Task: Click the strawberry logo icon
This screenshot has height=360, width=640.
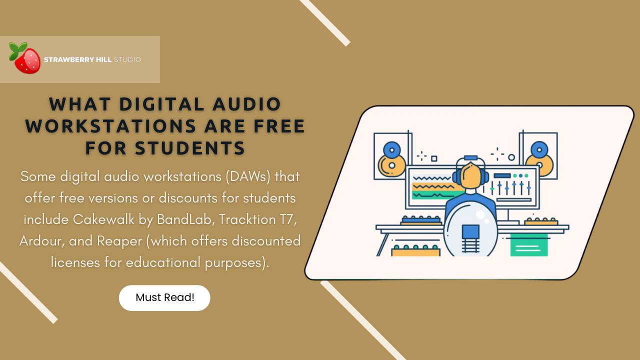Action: click(x=25, y=58)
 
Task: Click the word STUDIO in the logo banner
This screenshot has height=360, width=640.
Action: click(x=127, y=59)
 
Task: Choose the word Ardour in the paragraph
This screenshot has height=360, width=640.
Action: click(x=41, y=241)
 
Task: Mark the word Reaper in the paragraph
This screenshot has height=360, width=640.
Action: click(x=119, y=241)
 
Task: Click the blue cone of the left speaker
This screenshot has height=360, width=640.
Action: click(x=392, y=149)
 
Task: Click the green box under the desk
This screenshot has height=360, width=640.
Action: click(x=528, y=245)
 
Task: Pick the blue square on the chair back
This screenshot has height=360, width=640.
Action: click(x=470, y=232)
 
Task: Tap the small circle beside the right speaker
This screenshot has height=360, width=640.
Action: click(x=511, y=157)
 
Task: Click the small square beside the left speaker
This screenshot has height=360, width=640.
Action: click(x=434, y=158)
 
